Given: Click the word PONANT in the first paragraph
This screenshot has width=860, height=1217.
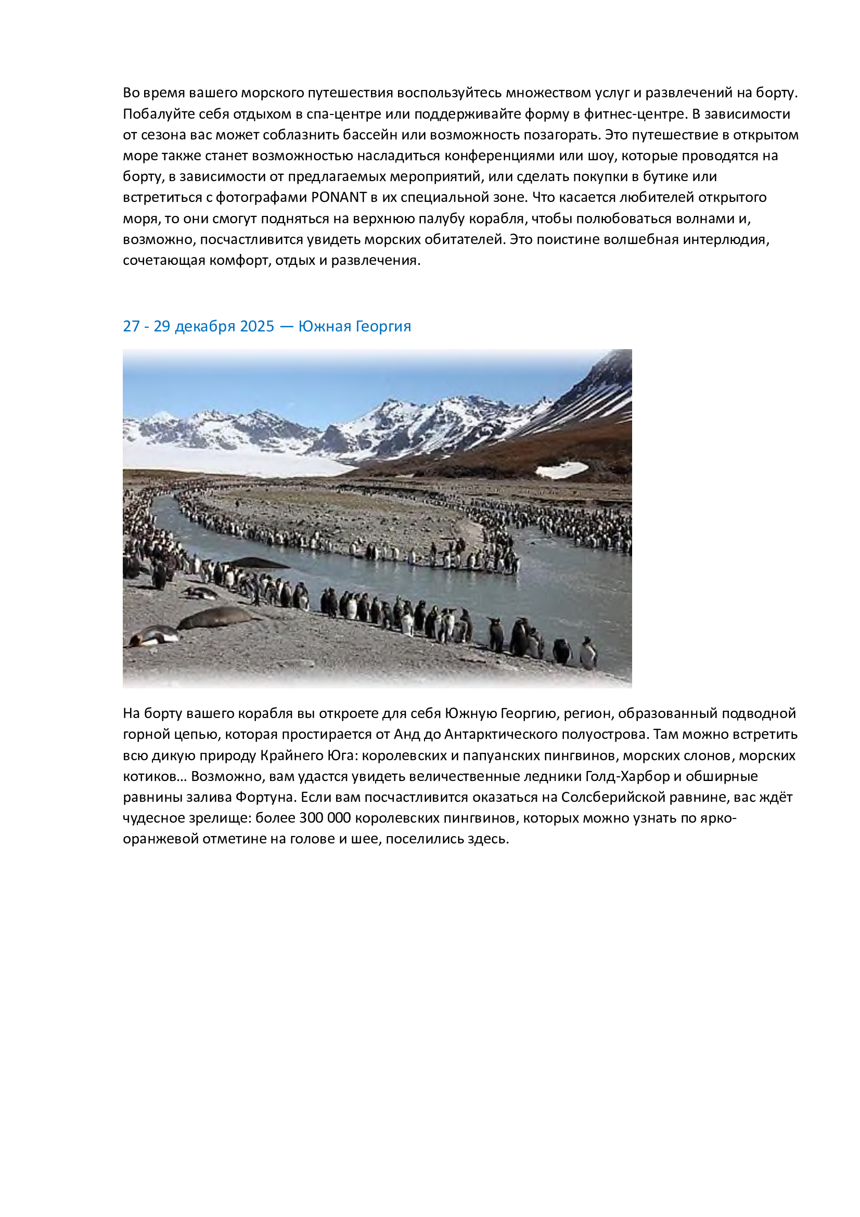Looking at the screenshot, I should click(339, 197).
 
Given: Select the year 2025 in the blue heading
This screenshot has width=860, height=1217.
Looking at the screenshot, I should click(257, 326).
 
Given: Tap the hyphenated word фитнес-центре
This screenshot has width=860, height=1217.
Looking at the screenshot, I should click(634, 114).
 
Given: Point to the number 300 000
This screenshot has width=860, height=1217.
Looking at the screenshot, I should click(325, 818).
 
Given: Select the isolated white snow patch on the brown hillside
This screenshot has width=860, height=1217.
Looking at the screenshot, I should click(562, 469).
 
